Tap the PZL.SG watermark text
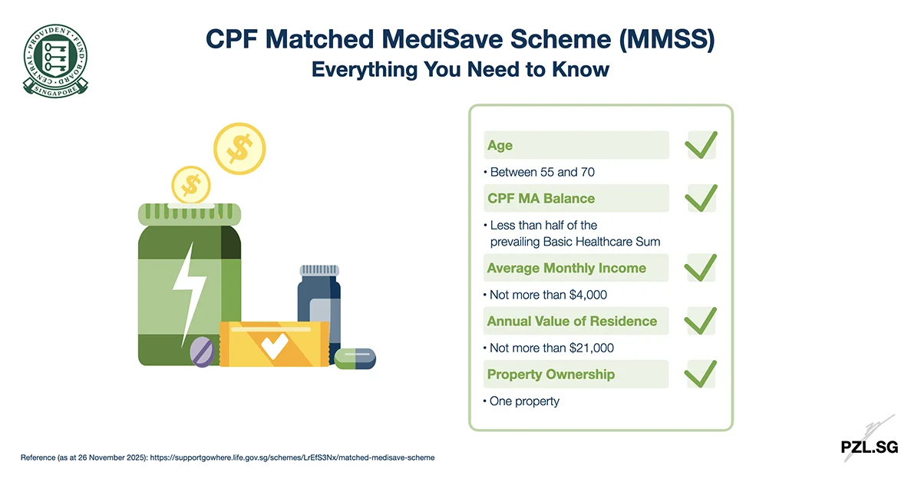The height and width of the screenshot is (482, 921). click(x=869, y=447)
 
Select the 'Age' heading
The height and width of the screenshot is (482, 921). click(x=500, y=145)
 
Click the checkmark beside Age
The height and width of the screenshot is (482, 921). click(x=701, y=144)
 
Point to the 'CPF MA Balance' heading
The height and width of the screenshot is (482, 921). click(x=540, y=198)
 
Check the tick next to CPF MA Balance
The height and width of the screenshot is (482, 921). click(x=701, y=197)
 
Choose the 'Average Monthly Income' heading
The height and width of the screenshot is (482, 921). click(x=566, y=268)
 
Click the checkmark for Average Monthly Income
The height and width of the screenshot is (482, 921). click(x=701, y=267)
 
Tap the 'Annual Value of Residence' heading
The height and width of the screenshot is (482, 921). click(x=572, y=321)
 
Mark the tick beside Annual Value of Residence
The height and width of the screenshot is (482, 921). click(x=701, y=320)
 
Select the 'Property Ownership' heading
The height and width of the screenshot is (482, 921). click(x=550, y=375)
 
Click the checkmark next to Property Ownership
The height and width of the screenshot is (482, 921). click(x=701, y=374)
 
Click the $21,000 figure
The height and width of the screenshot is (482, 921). click(x=592, y=348)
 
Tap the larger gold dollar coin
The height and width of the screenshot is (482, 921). click(x=239, y=148)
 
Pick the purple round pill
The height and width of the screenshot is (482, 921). click(x=203, y=351)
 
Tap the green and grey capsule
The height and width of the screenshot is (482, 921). click(x=355, y=358)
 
